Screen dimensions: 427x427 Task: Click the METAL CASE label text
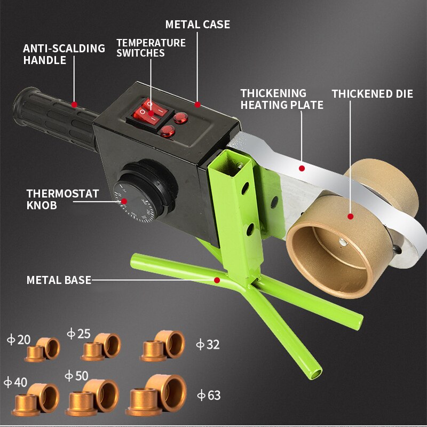pos(197,25)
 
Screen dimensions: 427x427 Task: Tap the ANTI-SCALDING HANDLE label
pos(64,54)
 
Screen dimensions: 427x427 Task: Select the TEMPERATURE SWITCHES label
pos(151,48)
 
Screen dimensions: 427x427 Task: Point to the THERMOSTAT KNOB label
pos(62,199)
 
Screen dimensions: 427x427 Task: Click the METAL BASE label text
pos(59,280)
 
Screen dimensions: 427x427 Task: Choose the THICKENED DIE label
pos(372,94)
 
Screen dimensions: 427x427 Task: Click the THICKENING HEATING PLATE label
pos(281,99)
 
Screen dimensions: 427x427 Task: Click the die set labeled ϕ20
pos(43,350)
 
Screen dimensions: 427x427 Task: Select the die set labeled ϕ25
pos(101,347)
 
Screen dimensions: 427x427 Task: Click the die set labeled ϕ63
pos(157,396)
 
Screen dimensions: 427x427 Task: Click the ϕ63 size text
pos(208,396)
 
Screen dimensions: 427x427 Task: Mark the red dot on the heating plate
pos(302,168)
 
